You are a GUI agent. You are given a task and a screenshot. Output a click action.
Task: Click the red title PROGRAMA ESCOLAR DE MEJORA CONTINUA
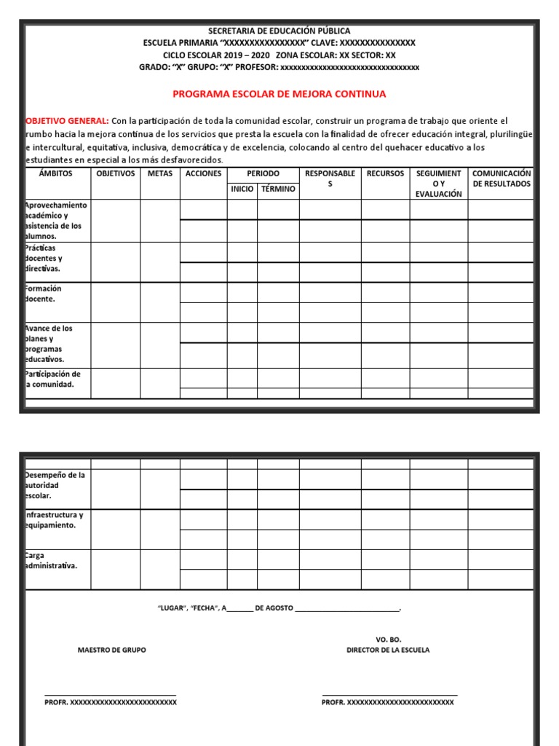click(279, 94)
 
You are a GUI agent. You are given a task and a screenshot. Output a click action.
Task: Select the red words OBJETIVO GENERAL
click(67, 120)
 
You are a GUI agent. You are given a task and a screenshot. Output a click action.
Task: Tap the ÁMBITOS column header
click(57, 174)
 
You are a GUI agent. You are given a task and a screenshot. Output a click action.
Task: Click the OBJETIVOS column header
click(115, 174)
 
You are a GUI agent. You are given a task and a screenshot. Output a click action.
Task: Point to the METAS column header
click(159, 174)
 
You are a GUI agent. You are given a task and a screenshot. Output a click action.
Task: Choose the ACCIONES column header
click(203, 174)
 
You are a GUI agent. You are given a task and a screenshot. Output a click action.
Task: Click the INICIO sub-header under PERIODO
click(242, 189)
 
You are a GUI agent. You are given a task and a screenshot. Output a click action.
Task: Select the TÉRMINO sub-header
click(278, 189)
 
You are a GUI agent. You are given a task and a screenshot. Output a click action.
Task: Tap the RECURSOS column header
click(385, 174)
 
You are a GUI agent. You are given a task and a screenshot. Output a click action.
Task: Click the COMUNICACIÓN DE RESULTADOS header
click(501, 178)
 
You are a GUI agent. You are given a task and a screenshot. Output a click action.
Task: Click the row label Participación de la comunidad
click(52, 380)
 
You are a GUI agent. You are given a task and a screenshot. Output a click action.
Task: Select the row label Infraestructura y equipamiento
click(55, 520)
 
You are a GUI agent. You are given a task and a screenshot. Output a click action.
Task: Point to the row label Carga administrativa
click(52, 561)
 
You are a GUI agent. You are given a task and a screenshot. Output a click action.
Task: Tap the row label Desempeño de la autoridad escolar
click(55, 485)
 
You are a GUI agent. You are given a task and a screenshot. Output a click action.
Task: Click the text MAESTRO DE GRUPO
click(111, 650)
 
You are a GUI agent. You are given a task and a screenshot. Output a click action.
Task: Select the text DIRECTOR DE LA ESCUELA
click(388, 650)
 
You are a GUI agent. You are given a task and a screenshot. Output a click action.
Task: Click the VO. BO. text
click(389, 639)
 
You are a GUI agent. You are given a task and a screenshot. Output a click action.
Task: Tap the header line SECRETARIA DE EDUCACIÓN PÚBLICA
click(279, 31)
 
